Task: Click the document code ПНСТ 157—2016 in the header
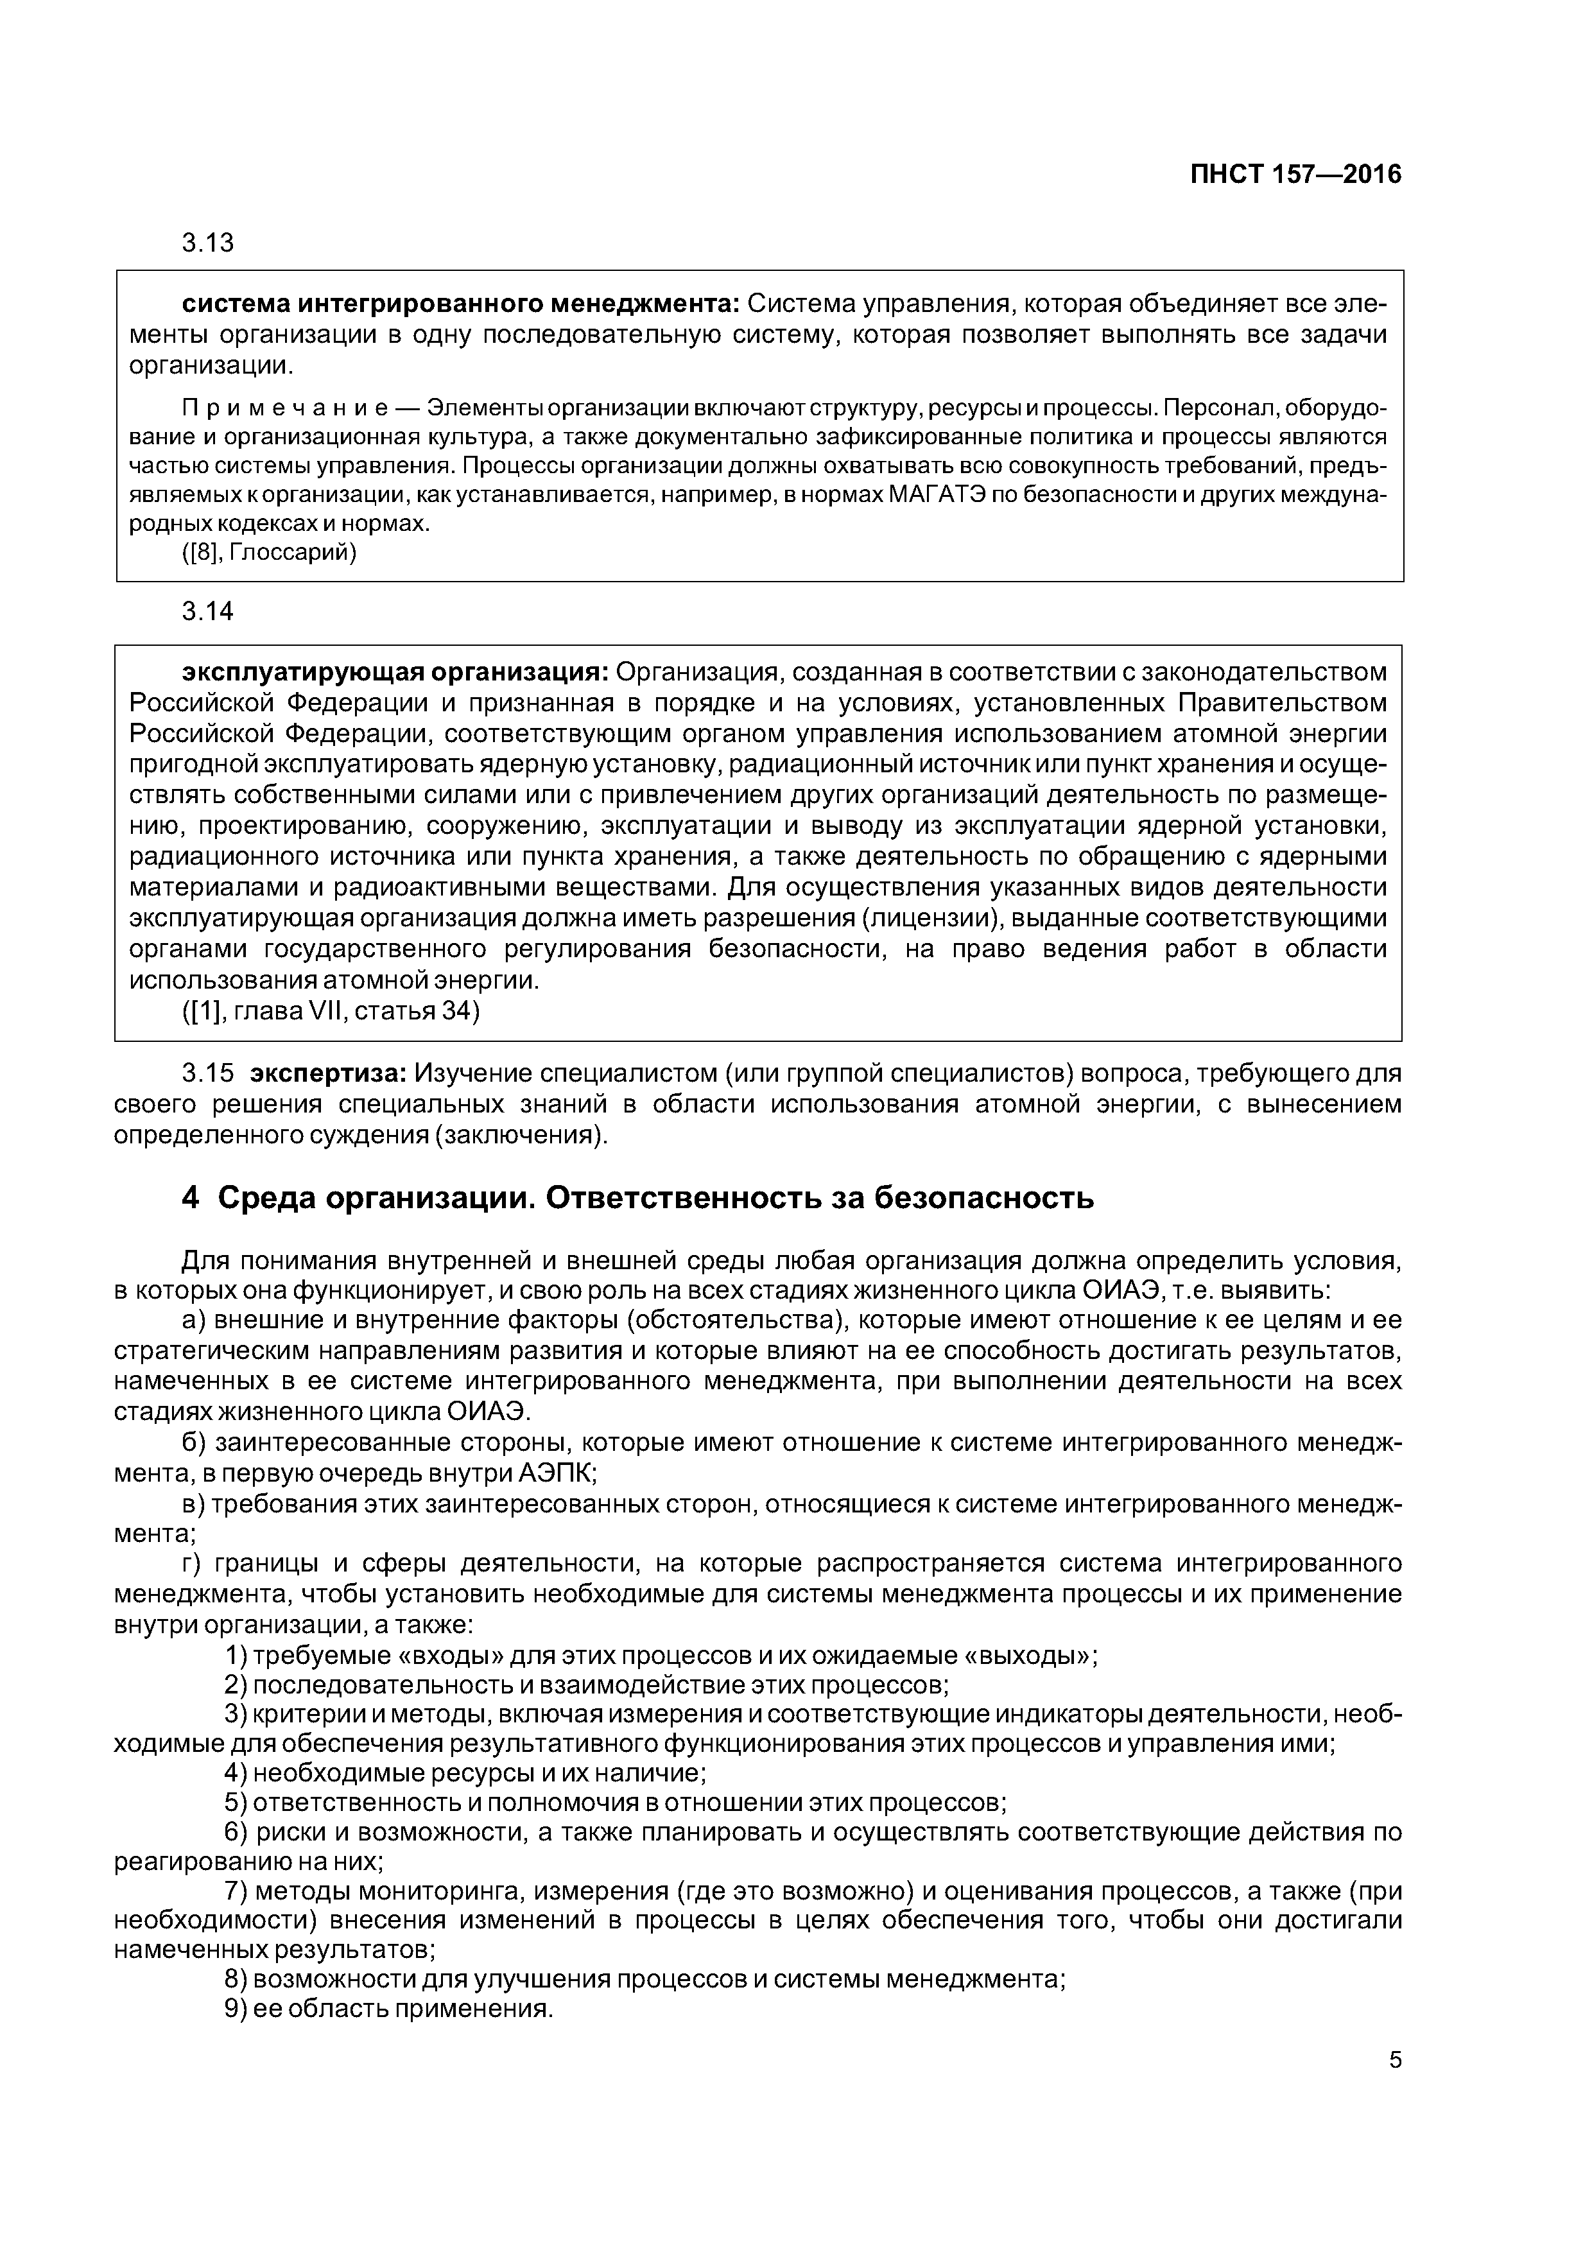coord(1296,175)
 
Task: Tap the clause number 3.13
coord(208,243)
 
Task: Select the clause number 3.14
coord(208,612)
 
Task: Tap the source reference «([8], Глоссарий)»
coord(270,553)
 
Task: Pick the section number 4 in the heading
coord(190,1199)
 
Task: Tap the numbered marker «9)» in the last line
coord(236,2008)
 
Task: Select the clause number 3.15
coord(208,1075)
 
